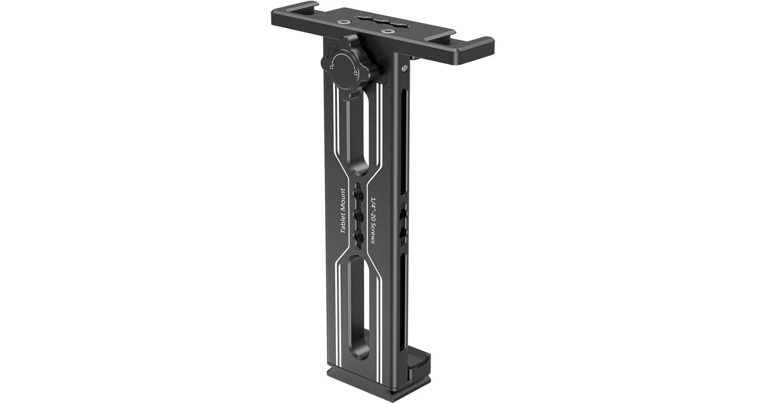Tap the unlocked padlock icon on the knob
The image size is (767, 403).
coord(332,67)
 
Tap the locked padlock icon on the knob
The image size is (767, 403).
coord(355,73)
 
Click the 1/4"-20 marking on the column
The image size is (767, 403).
coord(373,205)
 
